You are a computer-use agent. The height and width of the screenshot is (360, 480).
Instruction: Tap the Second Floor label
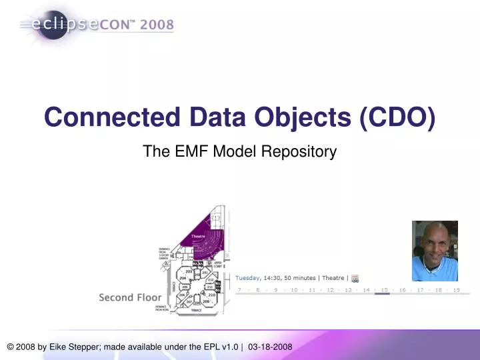click(126, 297)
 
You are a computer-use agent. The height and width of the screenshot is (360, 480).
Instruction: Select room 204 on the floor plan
click(182, 278)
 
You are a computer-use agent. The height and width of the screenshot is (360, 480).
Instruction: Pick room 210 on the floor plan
click(212, 294)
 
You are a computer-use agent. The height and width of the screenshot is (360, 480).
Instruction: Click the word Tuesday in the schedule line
click(247, 278)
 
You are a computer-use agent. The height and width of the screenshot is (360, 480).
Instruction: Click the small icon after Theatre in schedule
click(355, 278)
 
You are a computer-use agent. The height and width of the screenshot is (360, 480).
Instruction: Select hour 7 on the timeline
click(239, 290)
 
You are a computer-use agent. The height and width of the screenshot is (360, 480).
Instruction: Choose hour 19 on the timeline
click(456, 290)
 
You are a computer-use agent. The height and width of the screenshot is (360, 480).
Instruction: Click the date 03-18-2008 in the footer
click(270, 348)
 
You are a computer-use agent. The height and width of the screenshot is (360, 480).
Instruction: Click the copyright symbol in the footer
click(11, 348)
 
